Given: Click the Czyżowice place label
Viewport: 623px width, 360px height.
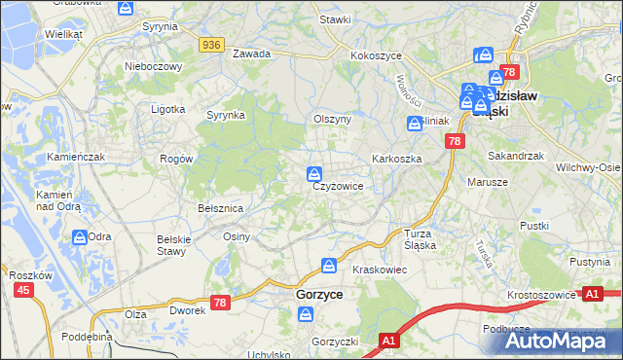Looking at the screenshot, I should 338,187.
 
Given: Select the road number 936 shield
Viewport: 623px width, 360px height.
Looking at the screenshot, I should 211,45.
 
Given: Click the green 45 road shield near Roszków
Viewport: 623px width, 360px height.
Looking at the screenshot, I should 23,290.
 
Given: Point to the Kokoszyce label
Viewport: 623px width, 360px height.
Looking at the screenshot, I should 377,56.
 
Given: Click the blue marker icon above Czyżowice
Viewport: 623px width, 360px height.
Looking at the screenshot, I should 315,174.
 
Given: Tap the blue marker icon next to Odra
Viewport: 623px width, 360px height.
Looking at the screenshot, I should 79,236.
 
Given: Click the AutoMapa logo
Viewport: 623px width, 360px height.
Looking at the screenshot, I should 553,341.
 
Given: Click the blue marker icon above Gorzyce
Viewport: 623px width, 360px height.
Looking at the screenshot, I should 330,265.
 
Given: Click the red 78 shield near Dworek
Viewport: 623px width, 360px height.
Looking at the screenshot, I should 220,304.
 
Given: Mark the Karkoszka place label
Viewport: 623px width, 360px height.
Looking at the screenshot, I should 395,158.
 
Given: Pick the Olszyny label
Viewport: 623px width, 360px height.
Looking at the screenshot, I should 331,119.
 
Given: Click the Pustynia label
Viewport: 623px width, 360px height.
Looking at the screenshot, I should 589,263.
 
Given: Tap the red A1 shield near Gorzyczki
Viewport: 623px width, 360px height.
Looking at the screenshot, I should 388,341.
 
